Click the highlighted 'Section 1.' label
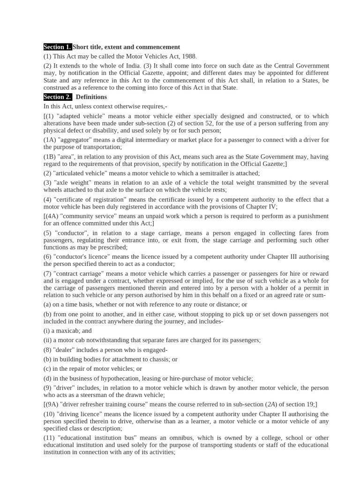[x=58, y=47]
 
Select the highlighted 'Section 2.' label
[x=58, y=97]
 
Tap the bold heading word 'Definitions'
[x=91, y=97]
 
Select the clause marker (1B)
[x=50, y=157]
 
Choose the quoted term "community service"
[x=87, y=216]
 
